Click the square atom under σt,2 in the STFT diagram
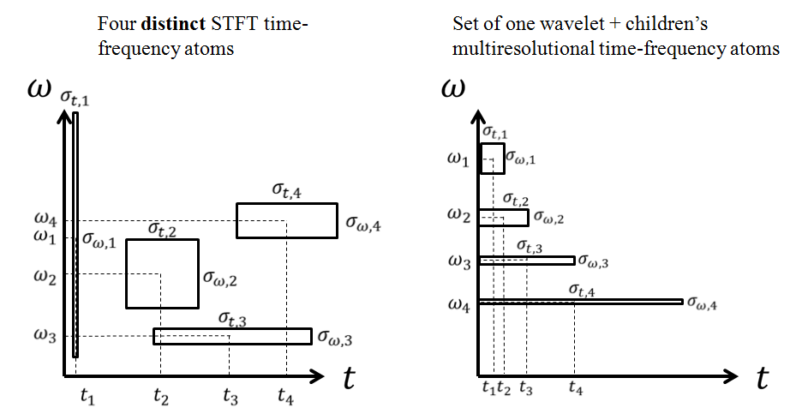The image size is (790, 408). (x=162, y=273)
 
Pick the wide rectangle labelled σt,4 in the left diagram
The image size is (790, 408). (x=286, y=220)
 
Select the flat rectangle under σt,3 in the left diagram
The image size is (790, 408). (x=232, y=336)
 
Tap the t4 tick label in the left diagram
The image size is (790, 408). (x=287, y=395)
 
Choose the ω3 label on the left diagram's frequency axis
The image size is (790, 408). (x=46, y=337)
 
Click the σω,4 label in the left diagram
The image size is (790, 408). (x=363, y=223)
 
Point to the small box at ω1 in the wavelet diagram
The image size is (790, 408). (x=492, y=159)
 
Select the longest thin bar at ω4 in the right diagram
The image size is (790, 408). (x=580, y=301)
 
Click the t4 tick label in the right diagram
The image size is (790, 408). (x=575, y=389)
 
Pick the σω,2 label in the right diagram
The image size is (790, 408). (x=548, y=218)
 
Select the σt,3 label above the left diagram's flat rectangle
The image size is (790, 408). (x=232, y=319)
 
